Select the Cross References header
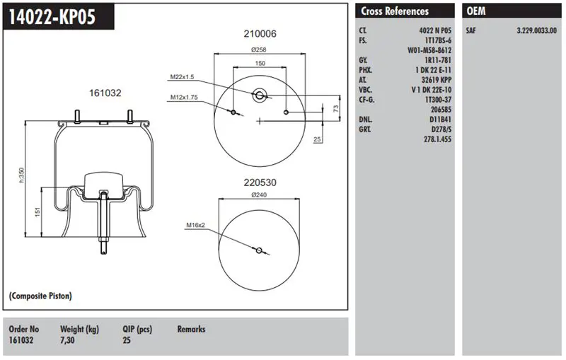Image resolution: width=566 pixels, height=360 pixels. tap(395, 11)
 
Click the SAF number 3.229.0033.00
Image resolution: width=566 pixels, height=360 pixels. tap(536, 30)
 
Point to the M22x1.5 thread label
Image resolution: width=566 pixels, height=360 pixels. tap(182, 77)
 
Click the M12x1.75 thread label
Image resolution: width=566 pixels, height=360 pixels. tap(183, 98)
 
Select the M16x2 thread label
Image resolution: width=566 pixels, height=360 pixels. tap(195, 225)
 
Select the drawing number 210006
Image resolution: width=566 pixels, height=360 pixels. tap(260, 34)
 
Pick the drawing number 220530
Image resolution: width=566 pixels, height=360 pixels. tap(260, 182)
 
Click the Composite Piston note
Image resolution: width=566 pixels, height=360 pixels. tap(40, 296)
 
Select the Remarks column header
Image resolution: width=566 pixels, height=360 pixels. tap(191, 329)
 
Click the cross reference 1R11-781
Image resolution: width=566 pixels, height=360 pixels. tap(438, 60)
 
